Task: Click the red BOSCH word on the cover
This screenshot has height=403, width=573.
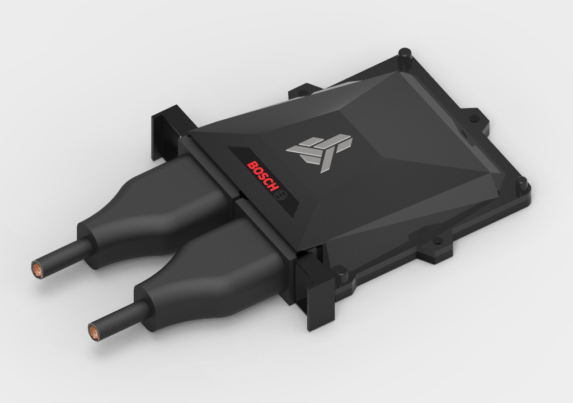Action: [261, 176]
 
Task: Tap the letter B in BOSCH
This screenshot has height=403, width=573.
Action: [251, 165]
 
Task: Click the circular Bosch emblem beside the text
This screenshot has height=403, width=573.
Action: [281, 194]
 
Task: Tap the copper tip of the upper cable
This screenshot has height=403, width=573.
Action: [37, 269]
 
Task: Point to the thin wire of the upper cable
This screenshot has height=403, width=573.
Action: [61, 257]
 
